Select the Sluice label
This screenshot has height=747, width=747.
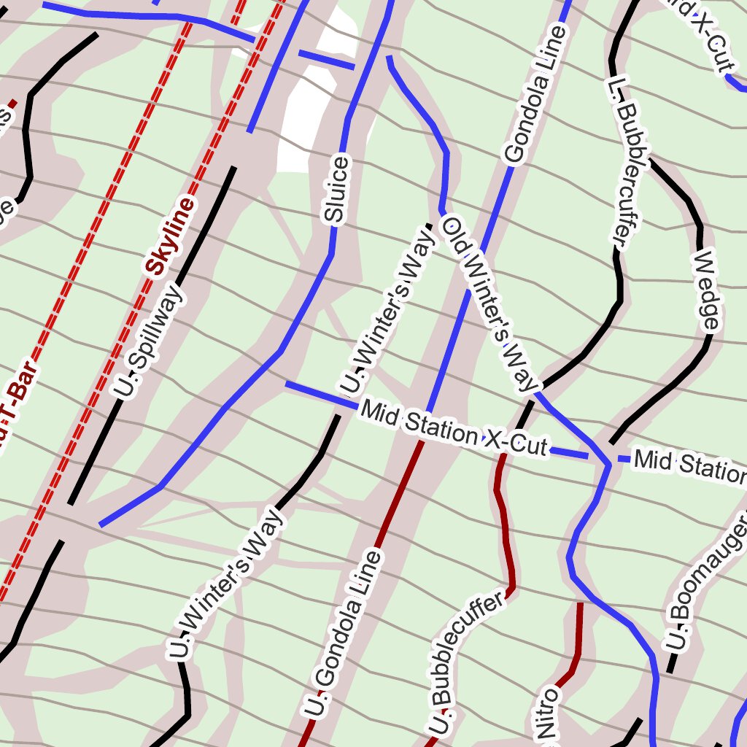336,188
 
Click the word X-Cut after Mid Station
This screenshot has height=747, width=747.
516,443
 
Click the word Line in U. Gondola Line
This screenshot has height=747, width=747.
363,581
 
